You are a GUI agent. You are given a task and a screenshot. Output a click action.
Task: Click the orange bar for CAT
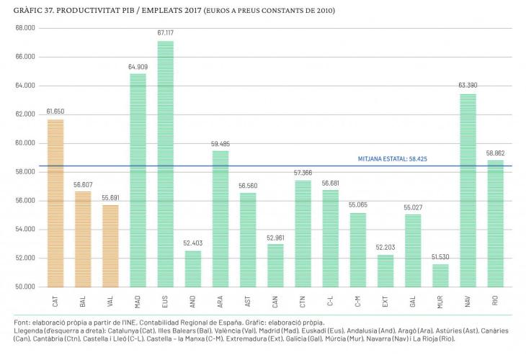[x=55, y=203]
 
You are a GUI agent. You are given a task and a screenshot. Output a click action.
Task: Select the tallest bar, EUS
[x=166, y=164]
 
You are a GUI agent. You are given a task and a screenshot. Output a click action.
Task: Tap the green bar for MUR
[x=440, y=276]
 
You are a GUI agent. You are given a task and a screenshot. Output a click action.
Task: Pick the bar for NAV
[x=468, y=190]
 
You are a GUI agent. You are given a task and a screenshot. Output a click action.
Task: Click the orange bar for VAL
[x=110, y=246]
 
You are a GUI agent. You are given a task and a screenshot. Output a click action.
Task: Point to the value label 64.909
[x=138, y=67]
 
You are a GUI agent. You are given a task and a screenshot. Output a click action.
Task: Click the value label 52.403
[x=193, y=243]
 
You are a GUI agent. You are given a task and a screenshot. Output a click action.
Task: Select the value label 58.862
[x=496, y=153]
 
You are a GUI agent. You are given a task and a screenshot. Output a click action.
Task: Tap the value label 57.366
[x=303, y=173]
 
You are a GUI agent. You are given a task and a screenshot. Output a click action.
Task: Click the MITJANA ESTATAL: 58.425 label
[x=393, y=159]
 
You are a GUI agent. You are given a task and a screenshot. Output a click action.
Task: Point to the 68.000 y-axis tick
[x=25, y=28]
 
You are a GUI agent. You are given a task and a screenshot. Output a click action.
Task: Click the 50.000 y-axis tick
[x=25, y=287]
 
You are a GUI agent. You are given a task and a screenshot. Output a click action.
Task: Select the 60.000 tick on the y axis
[x=25, y=143]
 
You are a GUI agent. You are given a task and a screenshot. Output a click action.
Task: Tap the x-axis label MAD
[x=138, y=302]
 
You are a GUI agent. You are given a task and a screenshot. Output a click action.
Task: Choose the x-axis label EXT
[x=385, y=302]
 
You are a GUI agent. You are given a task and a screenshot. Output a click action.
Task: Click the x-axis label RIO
[x=495, y=301]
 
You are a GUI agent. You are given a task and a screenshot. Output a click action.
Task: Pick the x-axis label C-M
[x=357, y=302]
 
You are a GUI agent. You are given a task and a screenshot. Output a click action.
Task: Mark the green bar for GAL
[x=413, y=251]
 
